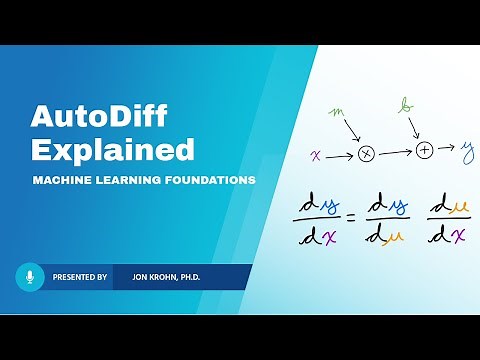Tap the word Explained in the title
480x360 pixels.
(112, 150)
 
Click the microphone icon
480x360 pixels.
(30, 276)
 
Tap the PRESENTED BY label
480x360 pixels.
(80, 277)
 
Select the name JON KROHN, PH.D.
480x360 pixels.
(160, 277)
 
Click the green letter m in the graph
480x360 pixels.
(337, 110)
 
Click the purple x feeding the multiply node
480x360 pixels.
(317, 155)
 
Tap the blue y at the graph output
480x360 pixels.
(467, 152)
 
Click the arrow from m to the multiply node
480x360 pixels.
(353, 130)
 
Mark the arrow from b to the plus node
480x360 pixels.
(415, 127)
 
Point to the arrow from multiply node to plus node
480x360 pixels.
(395, 153)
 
